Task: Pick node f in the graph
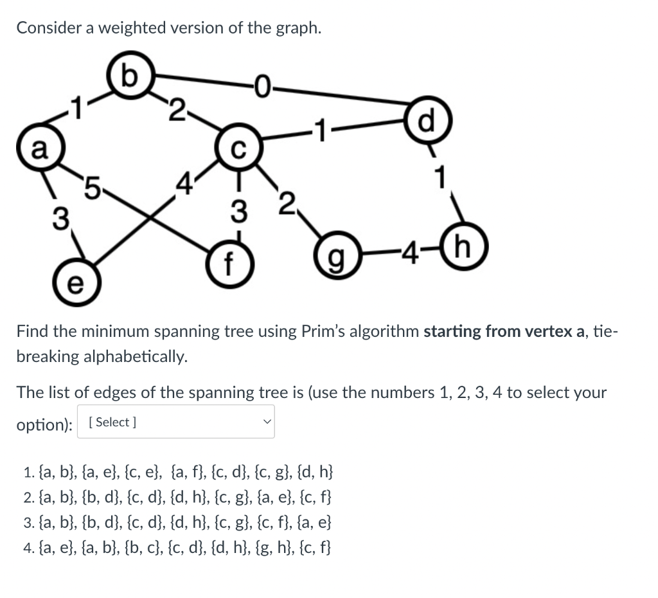click(x=238, y=263)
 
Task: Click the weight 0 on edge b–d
click(x=263, y=84)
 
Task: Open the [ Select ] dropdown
click(x=175, y=422)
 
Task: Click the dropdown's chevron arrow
click(x=266, y=422)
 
